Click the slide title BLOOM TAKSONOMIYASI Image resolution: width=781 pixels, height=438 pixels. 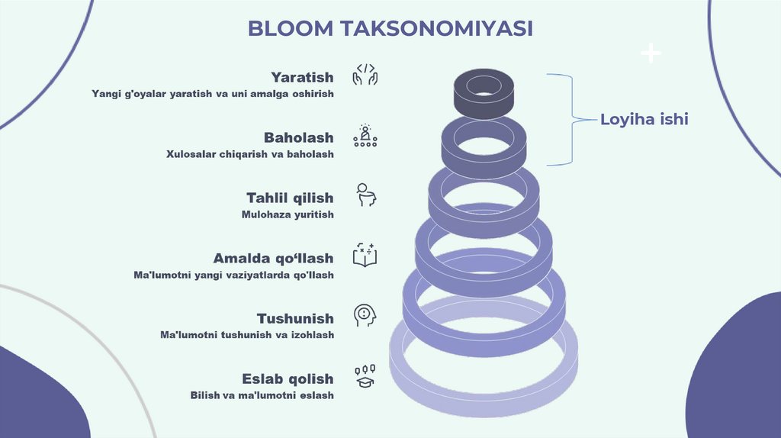tap(390, 28)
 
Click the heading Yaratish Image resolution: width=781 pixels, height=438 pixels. tap(302, 77)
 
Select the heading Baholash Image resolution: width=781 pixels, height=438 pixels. tap(298, 137)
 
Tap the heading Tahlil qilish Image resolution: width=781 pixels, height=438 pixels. tap(290, 198)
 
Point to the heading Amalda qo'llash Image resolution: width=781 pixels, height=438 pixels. tap(273, 258)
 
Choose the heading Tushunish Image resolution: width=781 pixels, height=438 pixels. tap(295, 318)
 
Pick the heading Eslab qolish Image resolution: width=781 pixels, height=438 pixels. tap(288, 378)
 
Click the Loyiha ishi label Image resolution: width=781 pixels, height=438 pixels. tap(644, 119)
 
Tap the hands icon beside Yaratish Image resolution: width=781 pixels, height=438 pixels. tap(365, 75)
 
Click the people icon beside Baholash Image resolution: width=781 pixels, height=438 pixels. tap(365, 135)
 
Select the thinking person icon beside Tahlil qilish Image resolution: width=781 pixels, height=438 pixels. tap(366, 195)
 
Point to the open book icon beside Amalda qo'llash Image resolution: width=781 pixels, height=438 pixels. tap(365, 255)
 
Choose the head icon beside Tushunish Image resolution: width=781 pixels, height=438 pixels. tap(365, 315)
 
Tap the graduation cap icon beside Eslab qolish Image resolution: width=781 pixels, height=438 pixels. tap(365, 375)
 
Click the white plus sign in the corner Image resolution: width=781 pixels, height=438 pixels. tap(651, 53)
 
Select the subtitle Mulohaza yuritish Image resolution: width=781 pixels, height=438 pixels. tap(288, 214)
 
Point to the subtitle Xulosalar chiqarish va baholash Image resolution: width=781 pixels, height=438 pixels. tap(249, 154)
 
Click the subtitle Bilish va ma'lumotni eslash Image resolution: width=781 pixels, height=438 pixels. tap(262, 395)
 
